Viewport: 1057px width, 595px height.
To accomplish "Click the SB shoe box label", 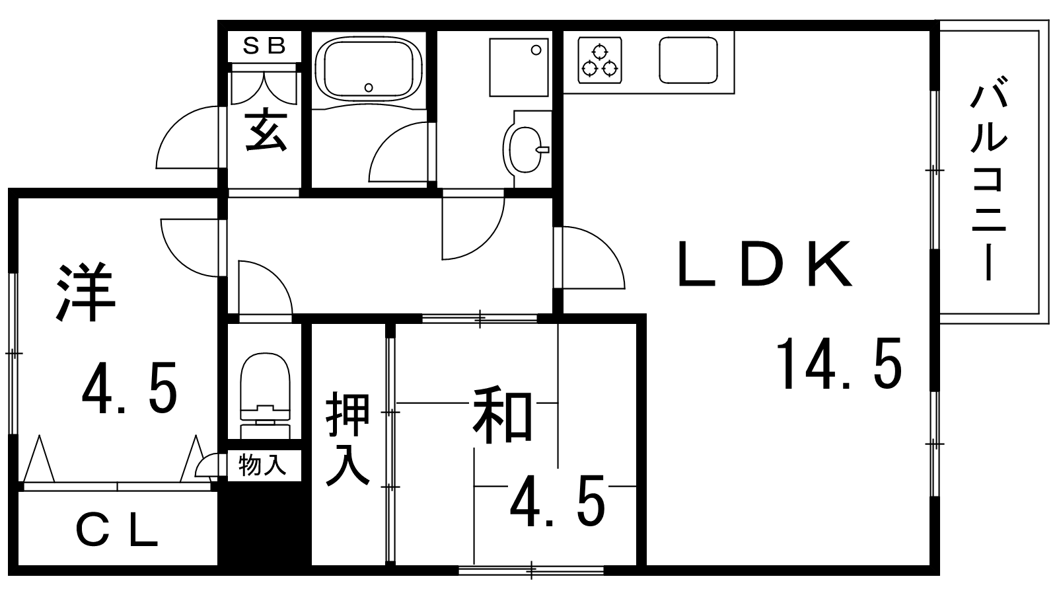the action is (264, 46).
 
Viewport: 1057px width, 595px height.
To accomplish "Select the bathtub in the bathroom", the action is (368, 69).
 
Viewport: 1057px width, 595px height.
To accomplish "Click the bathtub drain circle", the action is (369, 87).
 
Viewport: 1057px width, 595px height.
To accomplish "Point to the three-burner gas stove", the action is (599, 60).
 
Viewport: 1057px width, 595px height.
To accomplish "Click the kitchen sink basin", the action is (688, 60).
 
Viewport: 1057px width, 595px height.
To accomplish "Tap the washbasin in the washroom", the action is (525, 149).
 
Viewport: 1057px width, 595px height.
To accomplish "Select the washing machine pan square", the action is (519, 67).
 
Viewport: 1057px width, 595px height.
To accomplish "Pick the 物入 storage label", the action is (262, 465).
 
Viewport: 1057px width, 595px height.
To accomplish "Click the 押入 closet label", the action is (347, 438).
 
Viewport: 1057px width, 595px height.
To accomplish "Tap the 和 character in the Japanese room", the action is (503, 415).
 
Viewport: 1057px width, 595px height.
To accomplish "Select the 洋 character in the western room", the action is (86, 293).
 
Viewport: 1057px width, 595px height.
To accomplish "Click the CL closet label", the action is (116, 531).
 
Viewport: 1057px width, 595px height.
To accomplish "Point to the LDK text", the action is (766, 264).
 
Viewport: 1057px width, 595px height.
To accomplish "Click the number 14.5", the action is (839, 364).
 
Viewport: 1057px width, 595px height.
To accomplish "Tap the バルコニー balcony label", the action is (988, 184).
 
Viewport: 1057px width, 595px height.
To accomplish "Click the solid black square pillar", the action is (264, 523).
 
